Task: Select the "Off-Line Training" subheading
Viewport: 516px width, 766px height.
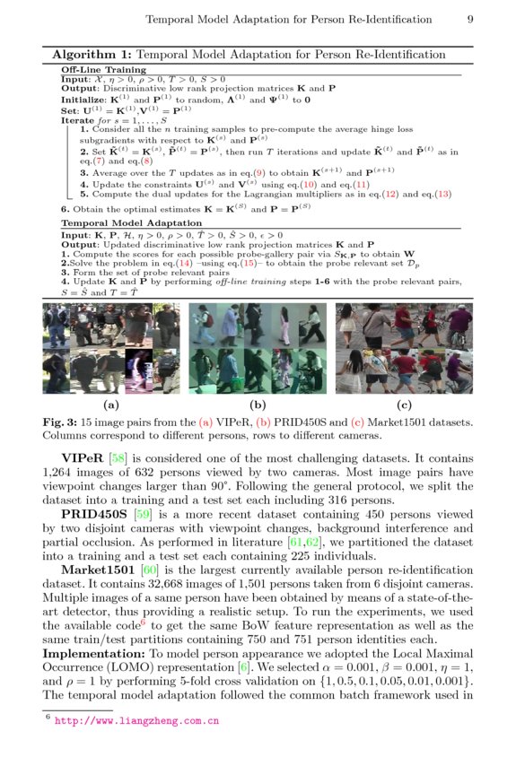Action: coord(103,69)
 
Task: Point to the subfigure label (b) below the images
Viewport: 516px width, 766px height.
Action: coord(258,405)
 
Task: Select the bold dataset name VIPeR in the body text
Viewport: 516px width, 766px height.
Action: coord(82,457)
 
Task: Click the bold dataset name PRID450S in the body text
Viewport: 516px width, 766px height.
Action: coord(94,515)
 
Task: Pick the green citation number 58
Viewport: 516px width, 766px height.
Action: coord(118,457)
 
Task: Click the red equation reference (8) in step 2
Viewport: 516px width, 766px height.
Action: coord(145,161)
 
